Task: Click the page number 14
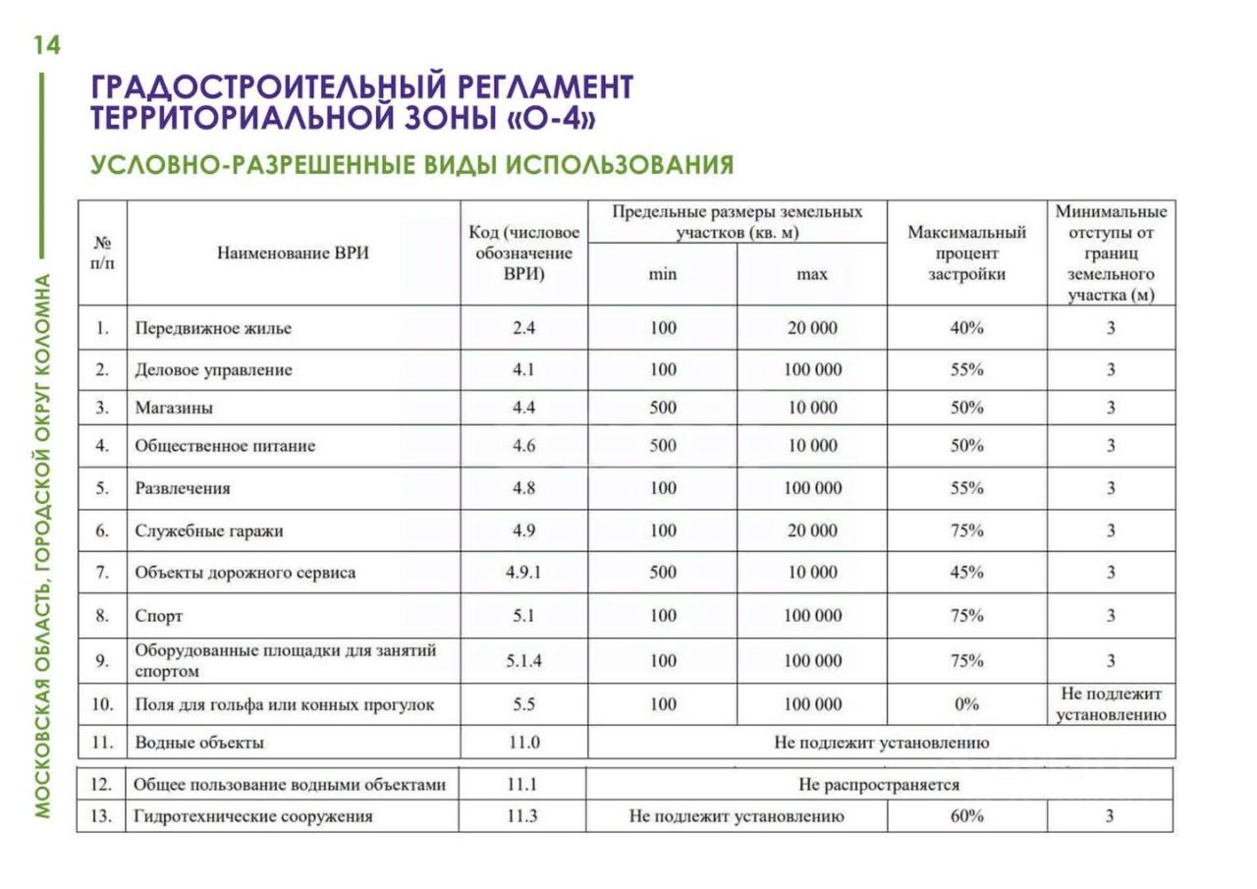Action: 46,45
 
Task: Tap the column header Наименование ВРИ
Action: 293,253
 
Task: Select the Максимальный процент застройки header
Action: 966,253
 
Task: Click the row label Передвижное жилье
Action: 213,328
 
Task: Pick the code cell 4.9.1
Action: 523,573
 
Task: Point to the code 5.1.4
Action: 523,661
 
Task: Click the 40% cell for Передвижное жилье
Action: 966,328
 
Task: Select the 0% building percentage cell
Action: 966,704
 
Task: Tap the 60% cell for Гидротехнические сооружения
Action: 966,816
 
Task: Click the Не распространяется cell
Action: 879,785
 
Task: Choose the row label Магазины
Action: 174,408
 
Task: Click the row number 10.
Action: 101,704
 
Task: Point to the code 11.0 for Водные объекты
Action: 523,743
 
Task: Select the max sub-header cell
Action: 811,274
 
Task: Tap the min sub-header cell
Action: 662,274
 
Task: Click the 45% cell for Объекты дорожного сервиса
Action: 966,573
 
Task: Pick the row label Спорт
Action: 159,617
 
